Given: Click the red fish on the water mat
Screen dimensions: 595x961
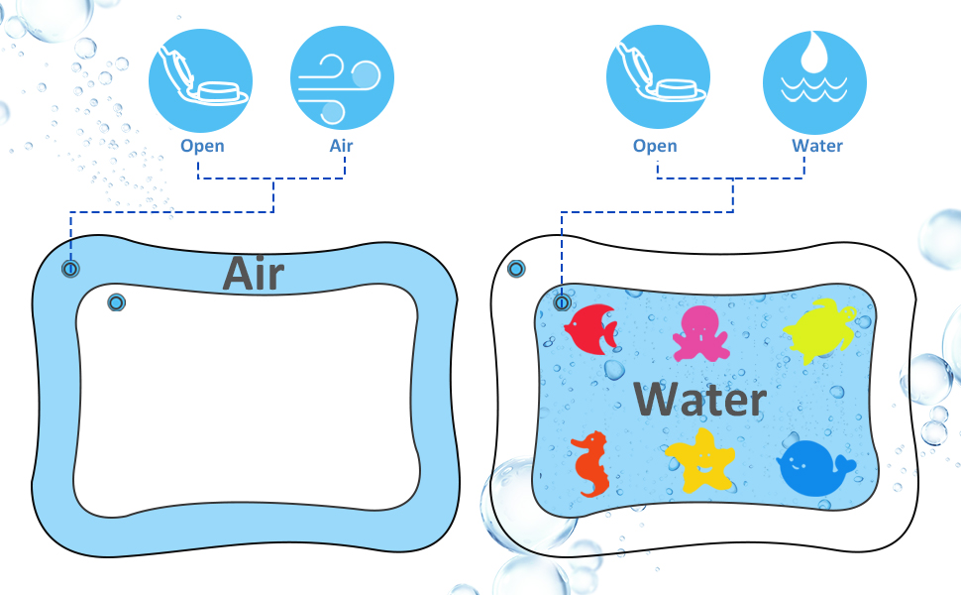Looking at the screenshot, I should (x=591, y=326).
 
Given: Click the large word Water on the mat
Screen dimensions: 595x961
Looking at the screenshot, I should (x=699, y=399).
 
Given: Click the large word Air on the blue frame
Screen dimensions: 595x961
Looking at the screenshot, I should (x=254, y=273).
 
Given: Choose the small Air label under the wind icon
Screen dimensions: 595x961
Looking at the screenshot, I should (x=341, y=146).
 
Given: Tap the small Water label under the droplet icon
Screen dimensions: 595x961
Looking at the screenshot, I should (x=817, y=146).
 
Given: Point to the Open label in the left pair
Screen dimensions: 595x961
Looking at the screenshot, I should (x=202, y=146).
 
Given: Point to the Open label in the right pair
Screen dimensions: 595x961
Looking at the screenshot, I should (x=655, y=146).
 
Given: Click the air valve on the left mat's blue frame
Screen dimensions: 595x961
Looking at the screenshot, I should (x=70, y=269).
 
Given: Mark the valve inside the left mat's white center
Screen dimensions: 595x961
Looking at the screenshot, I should (x=116, y=302).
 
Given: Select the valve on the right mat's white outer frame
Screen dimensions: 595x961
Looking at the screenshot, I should (x=516, y=269).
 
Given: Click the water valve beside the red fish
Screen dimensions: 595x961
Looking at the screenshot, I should (x=562, y=302).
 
